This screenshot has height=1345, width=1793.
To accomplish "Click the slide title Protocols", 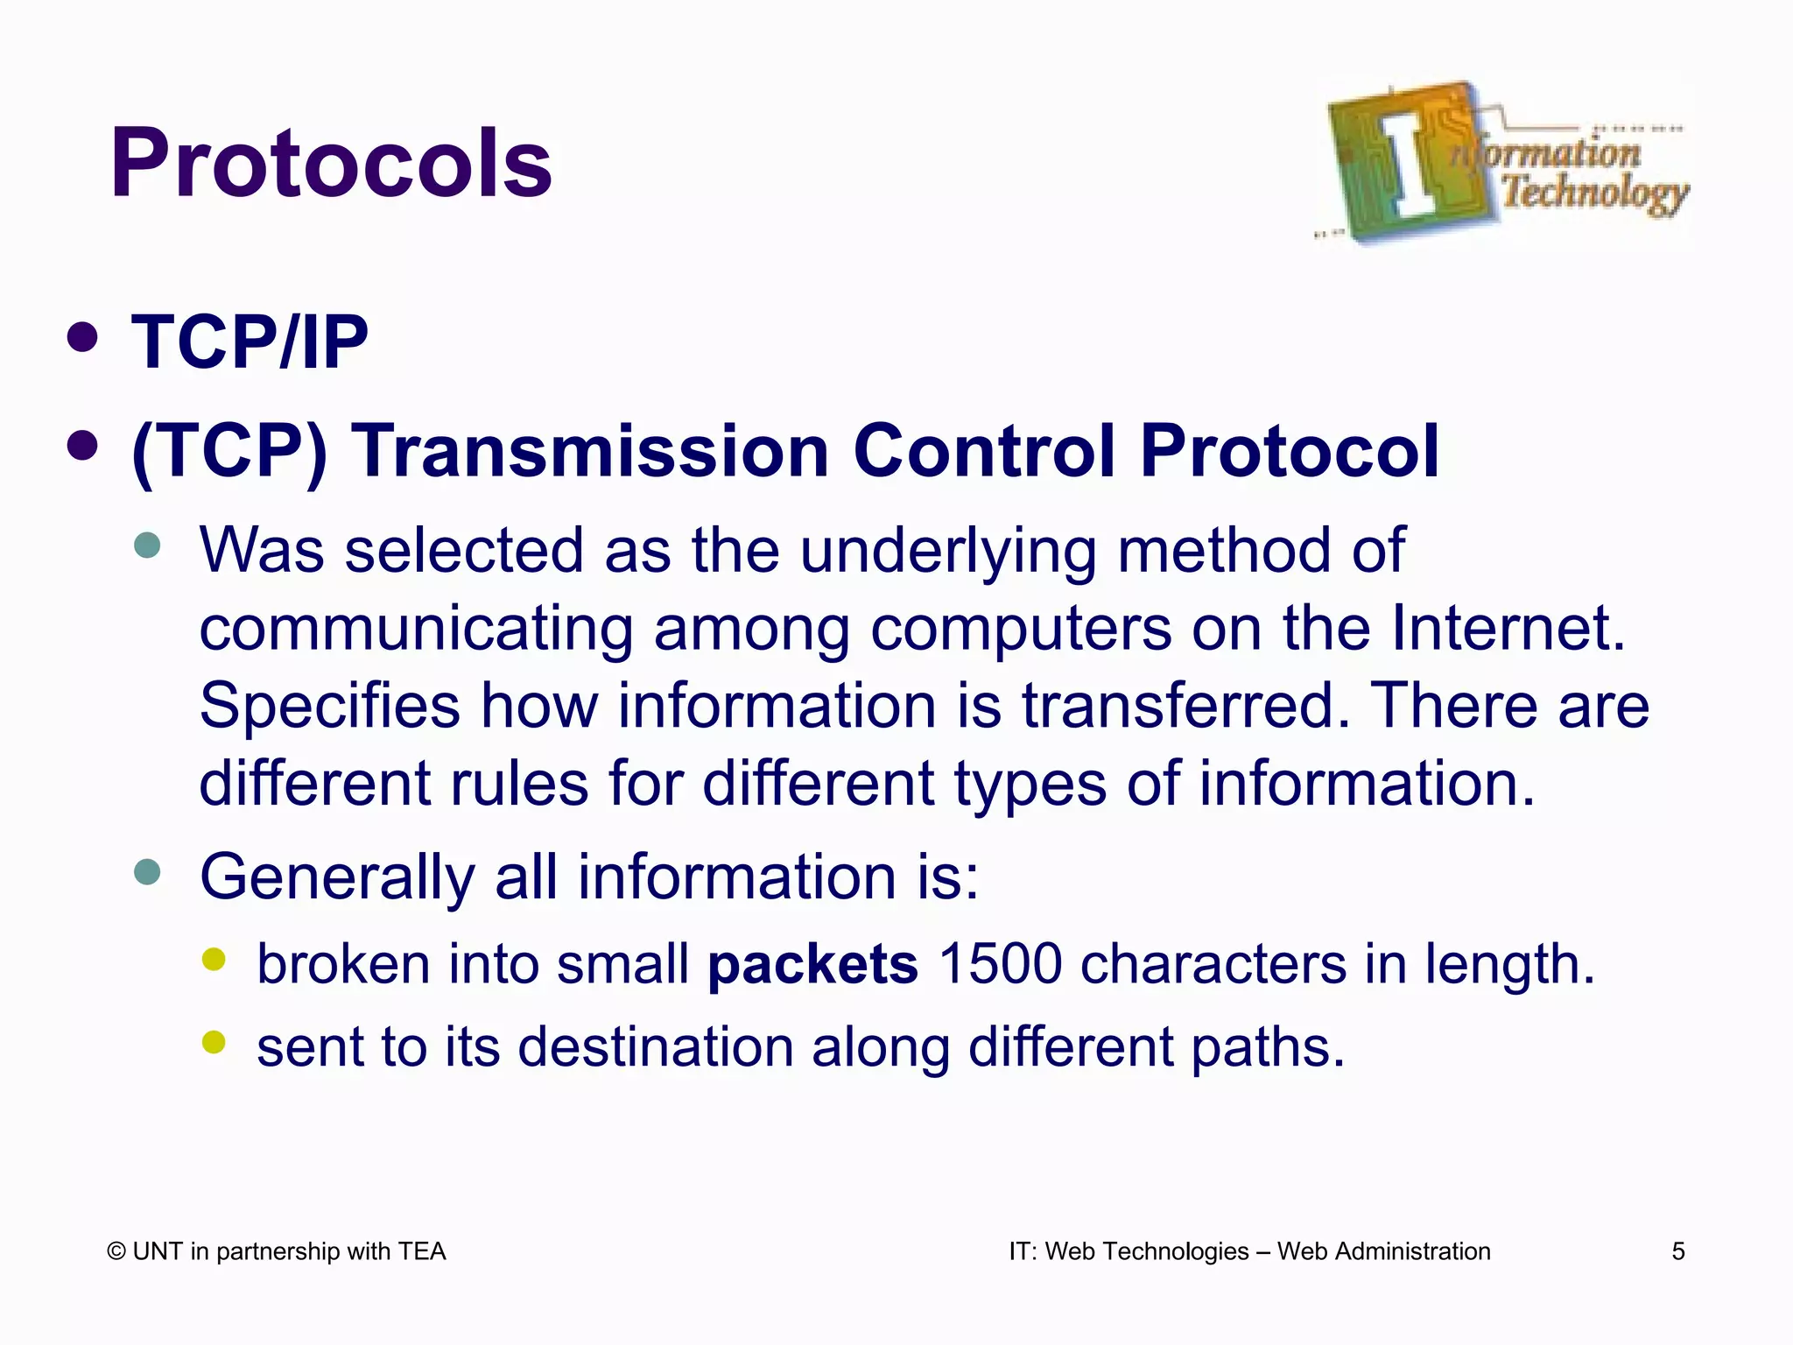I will click(x=331, y=164).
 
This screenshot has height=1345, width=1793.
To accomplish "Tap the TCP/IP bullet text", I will click(x=250, y=342).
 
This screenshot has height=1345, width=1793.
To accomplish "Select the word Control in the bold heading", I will click(x=984, y=451).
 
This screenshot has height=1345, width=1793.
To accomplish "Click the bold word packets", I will click(x=812, y=965).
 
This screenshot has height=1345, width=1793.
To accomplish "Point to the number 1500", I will click(x=999, y=965).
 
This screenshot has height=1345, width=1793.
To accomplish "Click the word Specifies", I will click(x=329, y=706).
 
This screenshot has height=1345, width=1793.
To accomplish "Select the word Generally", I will click(x=337, y=877).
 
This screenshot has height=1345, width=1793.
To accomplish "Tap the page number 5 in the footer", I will click(x=1677, y=1251).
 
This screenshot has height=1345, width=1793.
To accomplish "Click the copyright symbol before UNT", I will click(x=116, y=1252).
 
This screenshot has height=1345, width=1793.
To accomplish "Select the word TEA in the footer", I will click(x=422, y=1251).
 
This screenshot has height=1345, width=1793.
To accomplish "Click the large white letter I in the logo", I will click(x=1410, y=164).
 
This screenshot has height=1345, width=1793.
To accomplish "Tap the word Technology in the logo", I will click(x=1595, y=193).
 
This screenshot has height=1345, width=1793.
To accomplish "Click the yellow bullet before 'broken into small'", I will click(x=214, y=959).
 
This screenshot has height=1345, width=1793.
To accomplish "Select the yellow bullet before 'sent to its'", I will click(x=214, y=1041).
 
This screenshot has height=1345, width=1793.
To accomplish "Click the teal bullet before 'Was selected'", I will click(x=148, y=546).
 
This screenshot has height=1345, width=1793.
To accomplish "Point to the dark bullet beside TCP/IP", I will click(x=82, y=338).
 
